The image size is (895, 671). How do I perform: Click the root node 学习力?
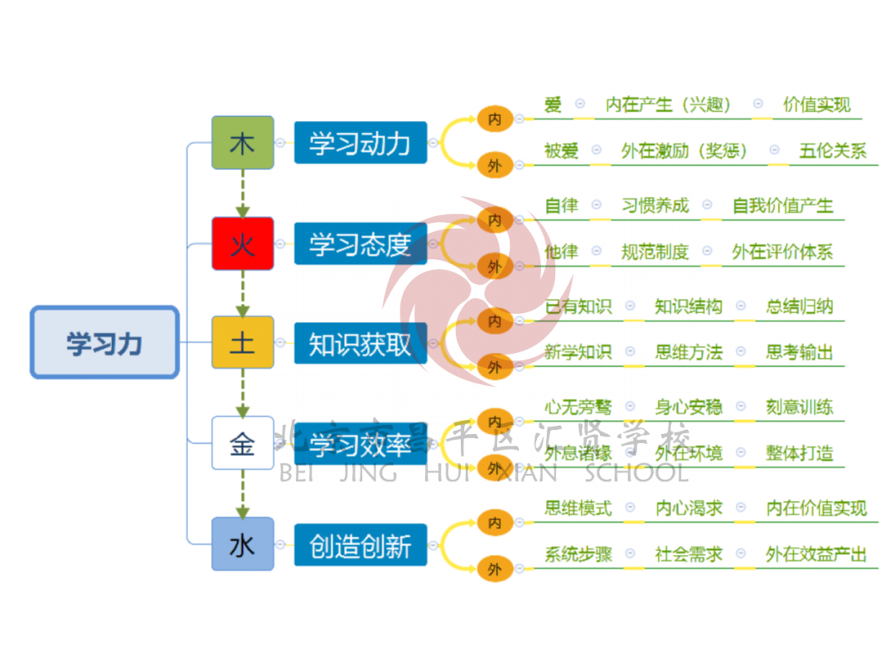tap(104, 343)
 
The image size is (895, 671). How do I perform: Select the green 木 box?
tap(242, 142)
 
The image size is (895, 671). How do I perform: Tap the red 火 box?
tap(242, 244)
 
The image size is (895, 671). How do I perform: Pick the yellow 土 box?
tap(242, 342)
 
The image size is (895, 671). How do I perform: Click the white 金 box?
tap(242, 443)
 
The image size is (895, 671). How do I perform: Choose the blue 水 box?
tap(242, 544)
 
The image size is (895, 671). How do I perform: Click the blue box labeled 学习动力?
tap(360, 142)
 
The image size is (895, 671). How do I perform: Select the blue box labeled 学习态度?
tap(360, 244)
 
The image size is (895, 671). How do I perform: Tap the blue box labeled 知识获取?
tap(360, 343)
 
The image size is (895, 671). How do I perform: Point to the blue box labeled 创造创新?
tap(360, 545)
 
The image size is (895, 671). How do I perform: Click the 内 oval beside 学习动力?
tap(495, 119)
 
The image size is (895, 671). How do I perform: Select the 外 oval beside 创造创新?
tap(495, 569)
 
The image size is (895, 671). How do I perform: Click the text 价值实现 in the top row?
tap(816, 105)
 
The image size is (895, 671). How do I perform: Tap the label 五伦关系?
tap(832, 151)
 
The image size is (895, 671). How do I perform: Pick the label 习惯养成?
tap(655, 205)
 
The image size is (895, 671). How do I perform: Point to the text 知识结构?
tap(688, 307)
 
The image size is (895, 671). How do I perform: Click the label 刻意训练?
tap(799, 407)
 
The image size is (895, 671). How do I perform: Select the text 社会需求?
tap(688, 554)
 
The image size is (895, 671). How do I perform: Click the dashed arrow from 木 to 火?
tap(242, 193)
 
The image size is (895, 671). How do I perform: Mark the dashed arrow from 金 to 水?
tap(242, 494)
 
